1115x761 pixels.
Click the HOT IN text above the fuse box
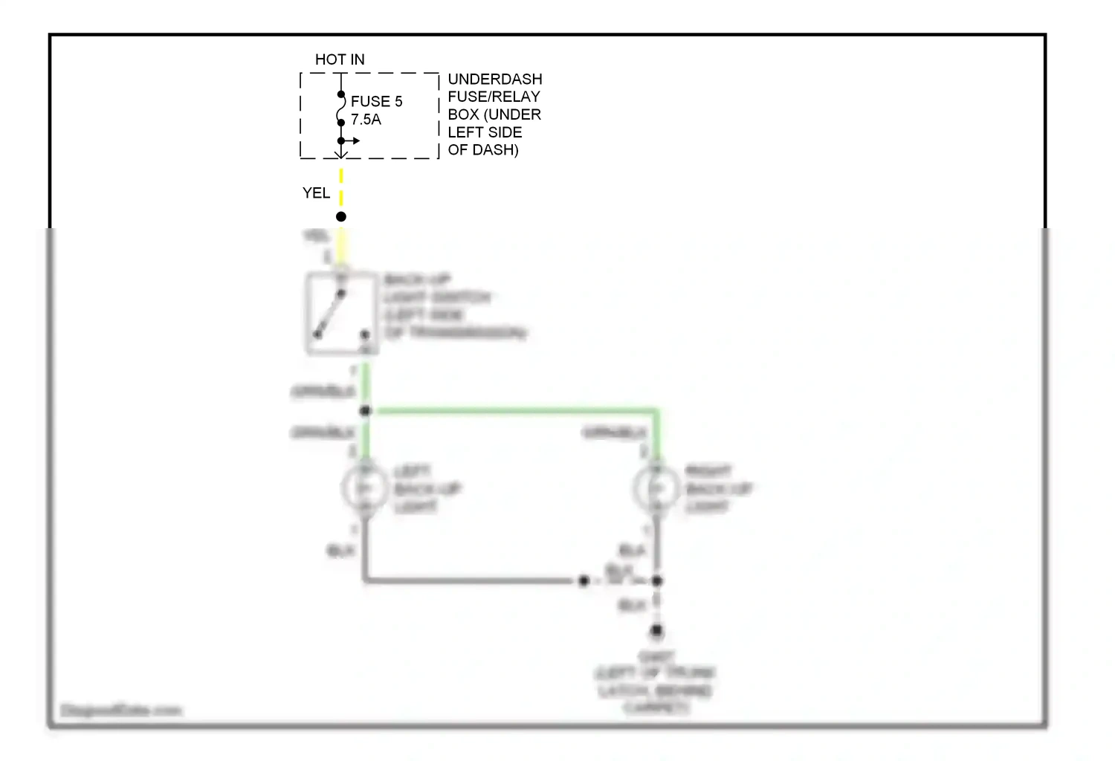point(340,59)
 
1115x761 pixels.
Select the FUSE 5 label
point(376,102)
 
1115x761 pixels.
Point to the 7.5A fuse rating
point(366,120)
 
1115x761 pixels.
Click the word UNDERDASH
point(494,79)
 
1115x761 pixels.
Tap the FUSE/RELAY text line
point(494,97)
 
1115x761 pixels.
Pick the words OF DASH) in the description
point(482,149)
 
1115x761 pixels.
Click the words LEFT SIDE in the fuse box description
point(485,132)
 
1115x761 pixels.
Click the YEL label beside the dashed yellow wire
point(316,193)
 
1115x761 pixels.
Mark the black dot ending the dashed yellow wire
point(341,217)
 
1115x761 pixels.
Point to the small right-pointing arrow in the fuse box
point(354,140)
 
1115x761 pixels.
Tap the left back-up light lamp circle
point(364,488)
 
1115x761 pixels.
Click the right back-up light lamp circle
point(656,488)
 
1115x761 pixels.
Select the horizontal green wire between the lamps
point(513,410)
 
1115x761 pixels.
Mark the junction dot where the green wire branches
point(365,411)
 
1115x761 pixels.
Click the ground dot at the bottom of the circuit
point(656,631)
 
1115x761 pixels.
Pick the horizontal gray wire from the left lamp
point(468,580)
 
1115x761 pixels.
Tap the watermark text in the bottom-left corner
point(121,710)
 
